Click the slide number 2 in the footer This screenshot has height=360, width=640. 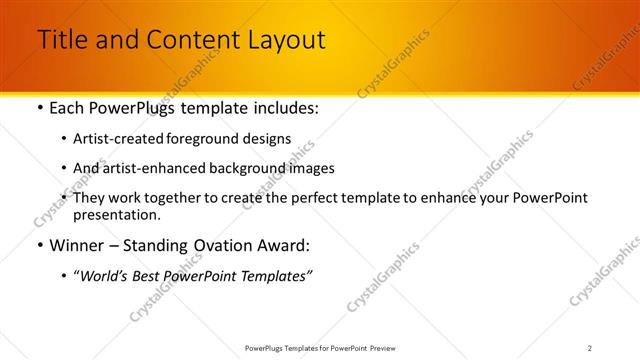click(x=589, y=348)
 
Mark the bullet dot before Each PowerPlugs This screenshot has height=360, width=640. click(x=39, y=107)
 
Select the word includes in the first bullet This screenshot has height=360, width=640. click(x=283, y=107)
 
